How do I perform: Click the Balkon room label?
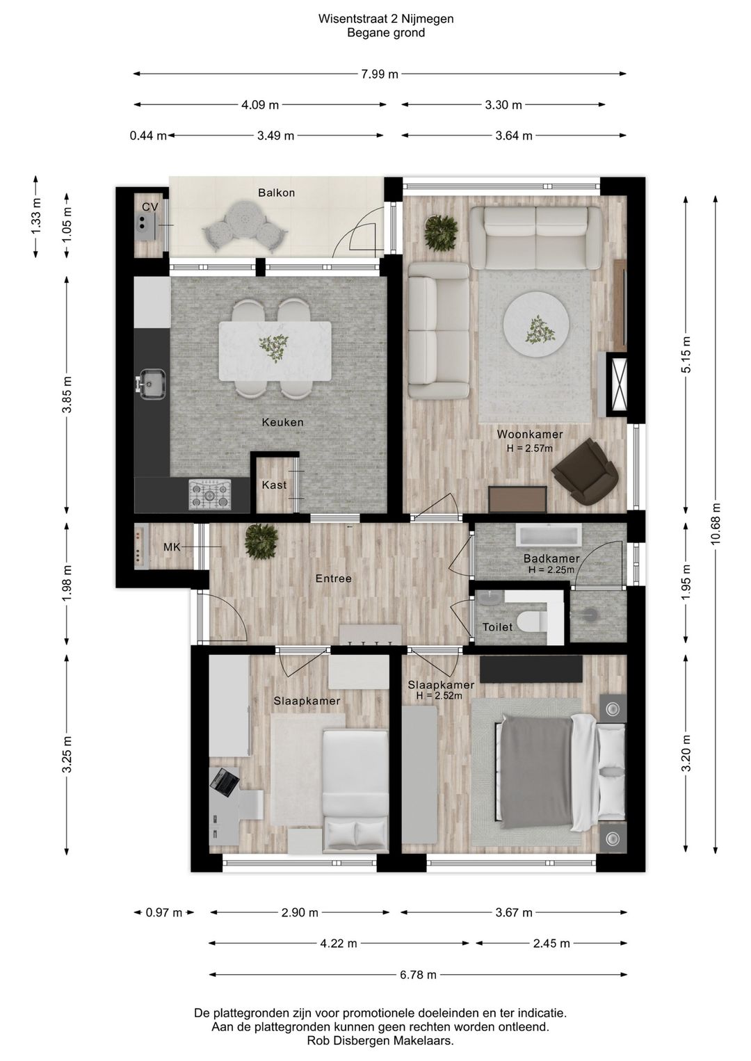(x=276, y=193)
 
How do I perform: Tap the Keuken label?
(x=283, y=422)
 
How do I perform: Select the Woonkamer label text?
(x=530, y=434)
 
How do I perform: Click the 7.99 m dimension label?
(x=380, y=74)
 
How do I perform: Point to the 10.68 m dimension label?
(x=716, y=524)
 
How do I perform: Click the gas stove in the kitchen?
(x=210, y=494)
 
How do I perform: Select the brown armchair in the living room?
(x=586, y=471)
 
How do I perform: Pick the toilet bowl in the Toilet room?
(x=534, y=622)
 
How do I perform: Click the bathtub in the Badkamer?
(x=549, y=535)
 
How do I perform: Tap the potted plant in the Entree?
(x=261, y=542)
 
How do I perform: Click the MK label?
(x=172, y=547)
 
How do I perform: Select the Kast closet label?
(x=275, y=485)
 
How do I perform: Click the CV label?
(x=150, y=207)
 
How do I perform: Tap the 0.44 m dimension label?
(x=148, y=136)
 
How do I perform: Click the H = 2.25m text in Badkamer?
(x=551, y=570)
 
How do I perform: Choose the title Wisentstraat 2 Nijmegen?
(x=386, y=19)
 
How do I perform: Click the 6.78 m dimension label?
(x=418, y=975)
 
